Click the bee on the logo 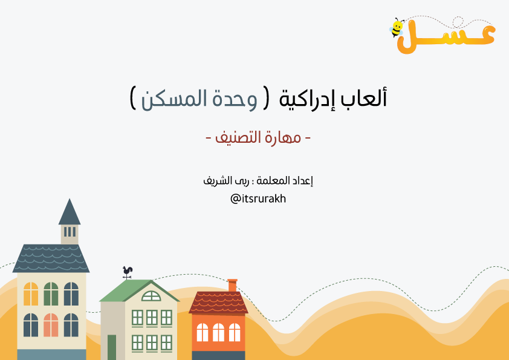[x=397, y=27]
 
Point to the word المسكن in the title [x=175, y=99]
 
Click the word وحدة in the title [x=235, y=99]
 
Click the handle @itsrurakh [x=258, y=198]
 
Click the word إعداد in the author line [x=302, y=180]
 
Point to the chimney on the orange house [x=232, y=285]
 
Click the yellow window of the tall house [x=31, y=293]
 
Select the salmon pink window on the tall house [x=51, y=325]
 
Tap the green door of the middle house [x=112, y=347]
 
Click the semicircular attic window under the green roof [x=151, y=296]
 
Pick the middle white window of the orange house [x=218, y=332]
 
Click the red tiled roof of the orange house [x=218, y=303]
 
